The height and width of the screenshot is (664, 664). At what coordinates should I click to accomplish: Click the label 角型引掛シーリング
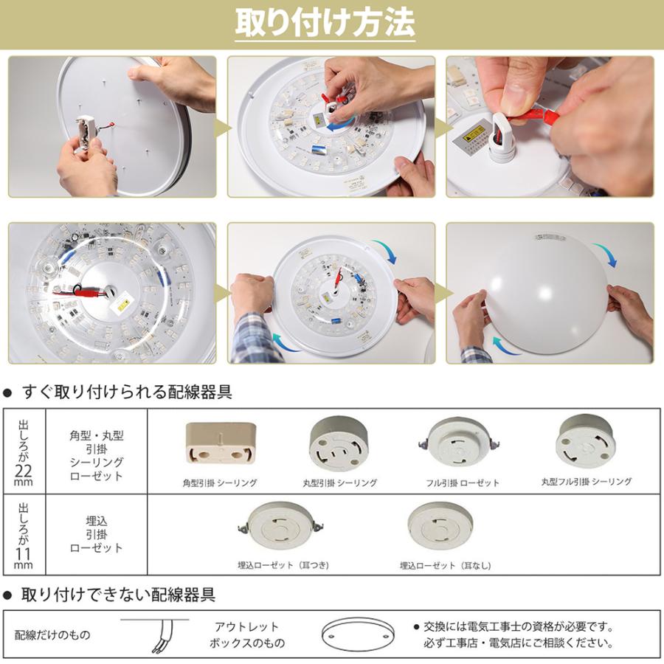click(220, 483)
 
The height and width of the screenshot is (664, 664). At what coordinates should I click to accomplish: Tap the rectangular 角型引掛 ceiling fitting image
click(220, 443)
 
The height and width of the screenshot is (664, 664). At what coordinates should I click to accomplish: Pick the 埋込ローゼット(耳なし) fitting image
click(440, 528)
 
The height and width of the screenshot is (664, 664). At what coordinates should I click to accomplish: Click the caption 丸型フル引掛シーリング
click(586, 482)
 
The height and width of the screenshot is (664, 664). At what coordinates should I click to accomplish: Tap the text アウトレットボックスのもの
click(247, 635)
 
